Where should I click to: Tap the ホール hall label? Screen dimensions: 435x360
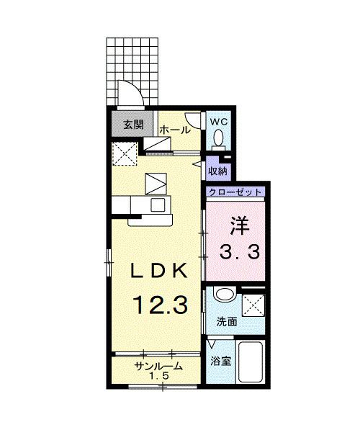175,130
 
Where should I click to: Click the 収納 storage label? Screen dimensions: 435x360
218,171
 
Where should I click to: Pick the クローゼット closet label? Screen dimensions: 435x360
235,192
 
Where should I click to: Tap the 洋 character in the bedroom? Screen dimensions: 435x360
240,226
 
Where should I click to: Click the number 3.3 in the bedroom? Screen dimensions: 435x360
240,252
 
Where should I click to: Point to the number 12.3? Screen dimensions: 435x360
159,305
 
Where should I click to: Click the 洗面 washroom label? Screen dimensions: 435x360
228,322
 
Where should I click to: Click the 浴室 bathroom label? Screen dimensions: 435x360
220,360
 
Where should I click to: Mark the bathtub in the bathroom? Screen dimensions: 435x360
252,365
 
